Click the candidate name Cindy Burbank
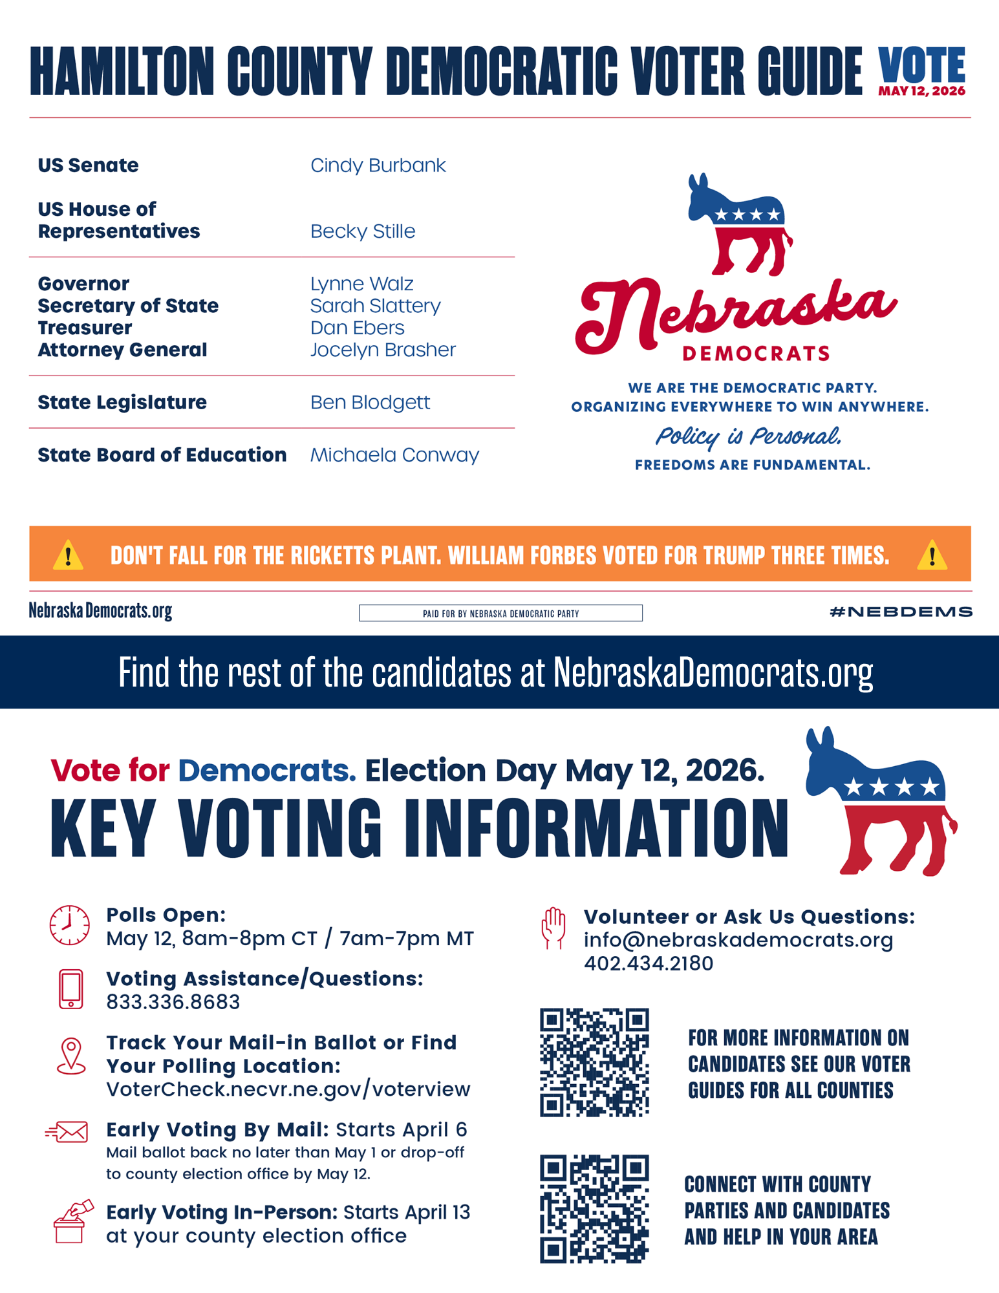[378, 166]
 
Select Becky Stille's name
[362, 231]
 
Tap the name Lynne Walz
[361, 284]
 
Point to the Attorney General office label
[122, 350]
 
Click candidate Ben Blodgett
[370, 402]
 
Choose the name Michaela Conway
[394, 455]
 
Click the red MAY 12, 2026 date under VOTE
[921, 91]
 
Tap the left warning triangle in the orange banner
[68, 555]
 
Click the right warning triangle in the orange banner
[932, 555]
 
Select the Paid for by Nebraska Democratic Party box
[500, 613]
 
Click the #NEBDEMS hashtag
[901, 612]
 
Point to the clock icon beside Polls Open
[70, 925]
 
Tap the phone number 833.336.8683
[173, 1002]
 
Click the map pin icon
[71, 1056]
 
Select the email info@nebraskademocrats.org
[738, 940]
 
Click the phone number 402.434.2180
[648, 963]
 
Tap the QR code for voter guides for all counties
[594, 1062]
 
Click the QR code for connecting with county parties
[594, 1208]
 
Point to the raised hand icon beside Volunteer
[553, 928]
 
